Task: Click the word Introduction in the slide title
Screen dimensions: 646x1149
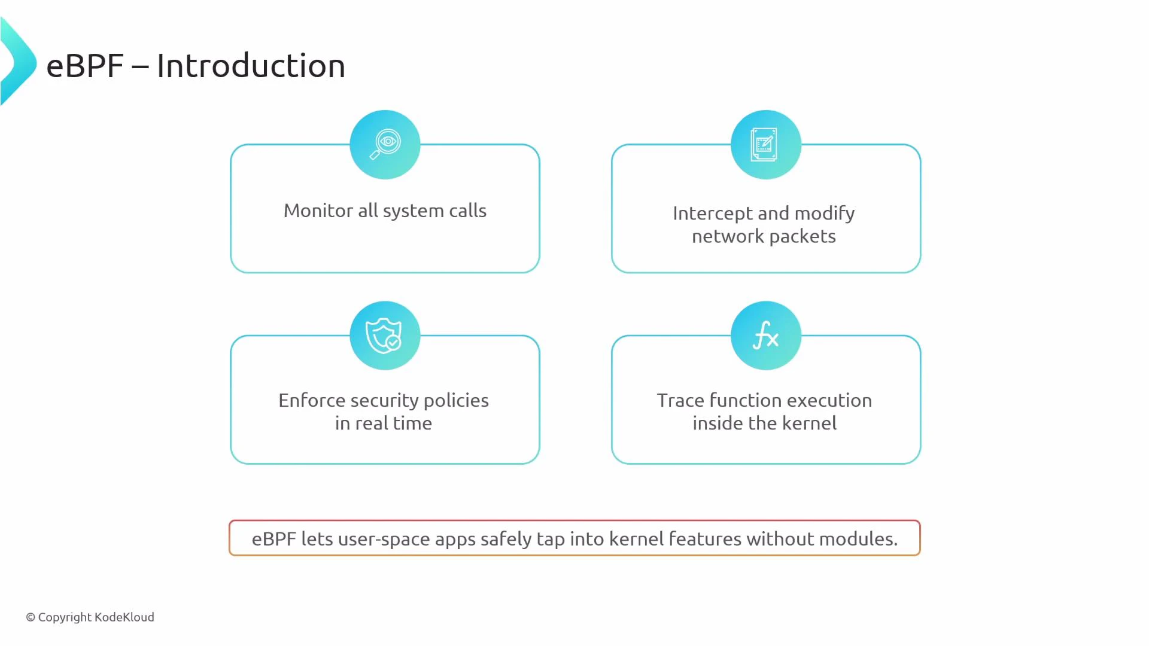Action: click(x=251, y=66)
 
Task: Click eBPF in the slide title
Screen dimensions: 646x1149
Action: click(x=85, y=66)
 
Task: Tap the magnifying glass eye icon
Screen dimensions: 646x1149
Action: click(x=385, y=144)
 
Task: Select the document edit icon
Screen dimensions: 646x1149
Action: click(x=765, y=144)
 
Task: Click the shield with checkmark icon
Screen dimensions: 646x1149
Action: click(x=384, y=335)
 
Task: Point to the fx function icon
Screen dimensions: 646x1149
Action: click(x=765, y=335)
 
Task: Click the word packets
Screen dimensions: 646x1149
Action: click(x=803, y=236)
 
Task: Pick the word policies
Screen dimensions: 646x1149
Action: click(x=456, y=400)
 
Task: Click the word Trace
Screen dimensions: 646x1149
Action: click(x=680, y=400)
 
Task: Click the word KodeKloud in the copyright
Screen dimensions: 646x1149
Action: click(x=124, y=617)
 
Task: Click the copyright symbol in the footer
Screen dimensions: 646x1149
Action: click(x=31, y=617)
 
